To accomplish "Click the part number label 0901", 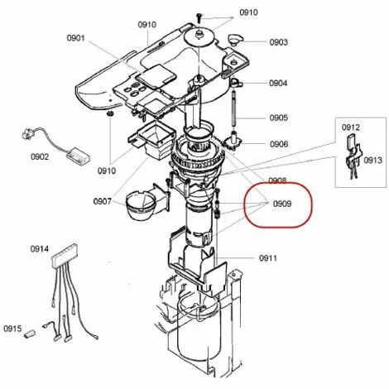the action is pyautogui.click(x=76, y=37).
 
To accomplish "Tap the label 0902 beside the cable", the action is pyautogui.click(x=40, y=156).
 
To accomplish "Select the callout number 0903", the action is pyautogui.click(x=279, y=42).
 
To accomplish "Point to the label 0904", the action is pyautogui.click(x=278, y=83).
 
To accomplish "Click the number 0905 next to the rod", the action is pyautogui.click(x=279, y=118).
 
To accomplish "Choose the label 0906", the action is pyautogui.click(x=279, y=144).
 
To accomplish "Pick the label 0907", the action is pyautogui.click(x=103, y=201).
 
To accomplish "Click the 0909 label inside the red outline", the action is pyautogui.click(x=282, y=204).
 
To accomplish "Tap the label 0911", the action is pyautogui.click(x=268, y=258).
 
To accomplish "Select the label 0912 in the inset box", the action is pyautogui.click(x=351, y=127).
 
